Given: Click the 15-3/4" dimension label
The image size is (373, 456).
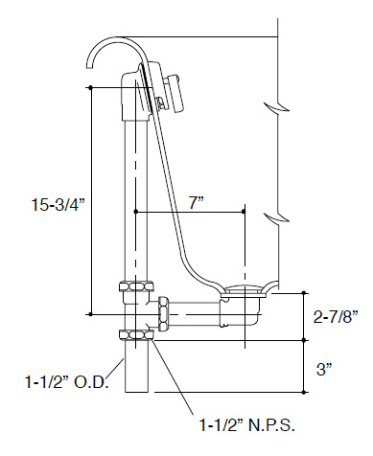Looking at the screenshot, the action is click(58, 204).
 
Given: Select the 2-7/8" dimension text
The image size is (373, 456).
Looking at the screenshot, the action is click(336, 317).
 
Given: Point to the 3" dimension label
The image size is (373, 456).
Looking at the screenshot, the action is click(324, 370).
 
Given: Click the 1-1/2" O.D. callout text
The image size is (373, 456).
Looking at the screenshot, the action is click(67, 382).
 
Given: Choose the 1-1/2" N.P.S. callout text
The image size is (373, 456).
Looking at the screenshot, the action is click(246, 425).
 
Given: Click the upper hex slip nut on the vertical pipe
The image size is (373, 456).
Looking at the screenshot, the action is click(136, 285).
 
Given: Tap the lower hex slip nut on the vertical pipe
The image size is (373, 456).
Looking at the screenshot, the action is click(136, 335).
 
